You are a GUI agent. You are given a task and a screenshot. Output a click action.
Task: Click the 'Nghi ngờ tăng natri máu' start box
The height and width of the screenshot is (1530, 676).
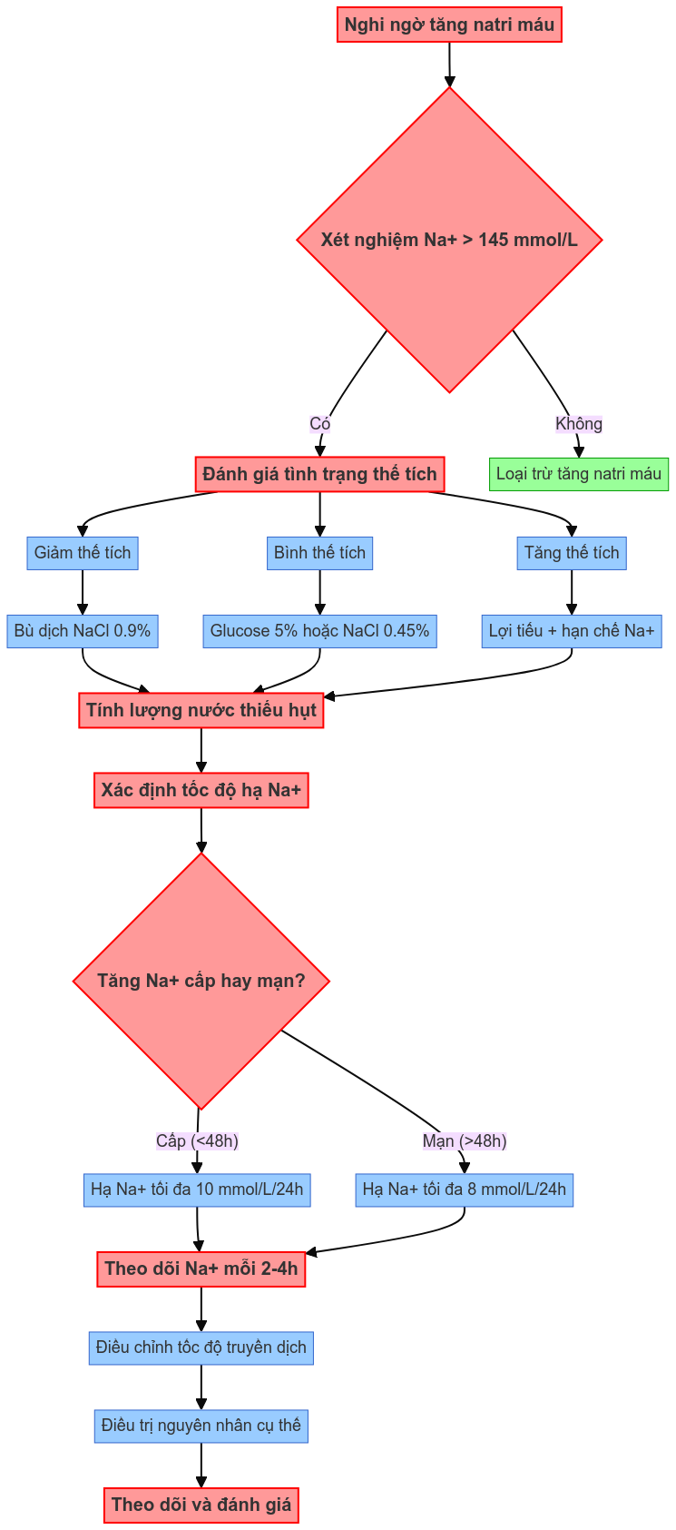[x=449, y=25]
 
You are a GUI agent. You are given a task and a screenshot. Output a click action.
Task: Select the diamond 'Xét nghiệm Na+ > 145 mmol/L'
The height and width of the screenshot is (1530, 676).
[x=449, y=240]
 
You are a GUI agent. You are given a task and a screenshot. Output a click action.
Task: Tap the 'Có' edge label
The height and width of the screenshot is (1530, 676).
[x=319, y=424]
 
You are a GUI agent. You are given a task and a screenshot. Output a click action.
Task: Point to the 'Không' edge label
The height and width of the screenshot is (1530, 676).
[x=579, y=424]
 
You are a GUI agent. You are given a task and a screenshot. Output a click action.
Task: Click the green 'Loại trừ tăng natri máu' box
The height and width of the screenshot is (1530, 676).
[x=579, y=474]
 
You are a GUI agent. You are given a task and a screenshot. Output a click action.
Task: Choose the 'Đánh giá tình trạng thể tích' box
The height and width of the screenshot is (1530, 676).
[x=319, y=474]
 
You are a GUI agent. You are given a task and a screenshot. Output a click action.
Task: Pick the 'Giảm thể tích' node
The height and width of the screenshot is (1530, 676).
[x=83, y=553]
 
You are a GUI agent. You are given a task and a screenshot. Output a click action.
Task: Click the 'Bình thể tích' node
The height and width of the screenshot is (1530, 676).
[x=319, y=553]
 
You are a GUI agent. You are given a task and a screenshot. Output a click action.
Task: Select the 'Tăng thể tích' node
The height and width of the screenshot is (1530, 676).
[x=572, y=553]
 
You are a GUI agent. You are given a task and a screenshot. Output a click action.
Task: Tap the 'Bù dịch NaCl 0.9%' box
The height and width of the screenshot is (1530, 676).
[x=83, y=631]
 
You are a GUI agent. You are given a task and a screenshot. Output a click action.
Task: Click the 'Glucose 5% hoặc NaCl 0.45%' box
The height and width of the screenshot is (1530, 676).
[x=319, y=631]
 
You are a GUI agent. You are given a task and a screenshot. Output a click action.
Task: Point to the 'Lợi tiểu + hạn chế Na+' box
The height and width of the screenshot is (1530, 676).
[x=572, y=631]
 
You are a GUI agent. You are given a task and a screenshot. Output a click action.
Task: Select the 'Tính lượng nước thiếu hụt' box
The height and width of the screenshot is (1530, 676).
[x=201, y=710]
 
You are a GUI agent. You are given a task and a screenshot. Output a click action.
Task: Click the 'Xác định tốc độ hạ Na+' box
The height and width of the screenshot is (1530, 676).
[x=201, y=790]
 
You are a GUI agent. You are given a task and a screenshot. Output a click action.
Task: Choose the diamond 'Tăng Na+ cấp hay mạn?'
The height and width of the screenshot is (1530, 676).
[x=201, y=981]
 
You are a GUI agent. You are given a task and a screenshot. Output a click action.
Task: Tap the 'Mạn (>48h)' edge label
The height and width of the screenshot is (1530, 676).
[x=465, y=1141]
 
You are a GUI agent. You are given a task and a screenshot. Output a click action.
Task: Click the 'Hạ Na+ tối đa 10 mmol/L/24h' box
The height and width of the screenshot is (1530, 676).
[x=197, y=1189]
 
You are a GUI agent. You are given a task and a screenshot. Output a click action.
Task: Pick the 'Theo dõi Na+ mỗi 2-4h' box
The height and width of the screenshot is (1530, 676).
[x=201, y=1268]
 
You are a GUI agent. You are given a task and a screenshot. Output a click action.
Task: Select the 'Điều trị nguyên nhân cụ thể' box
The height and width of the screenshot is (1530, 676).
[x=201, y=1426]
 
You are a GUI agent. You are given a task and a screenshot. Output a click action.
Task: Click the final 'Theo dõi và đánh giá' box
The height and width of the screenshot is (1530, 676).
[x=201, y=1505]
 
